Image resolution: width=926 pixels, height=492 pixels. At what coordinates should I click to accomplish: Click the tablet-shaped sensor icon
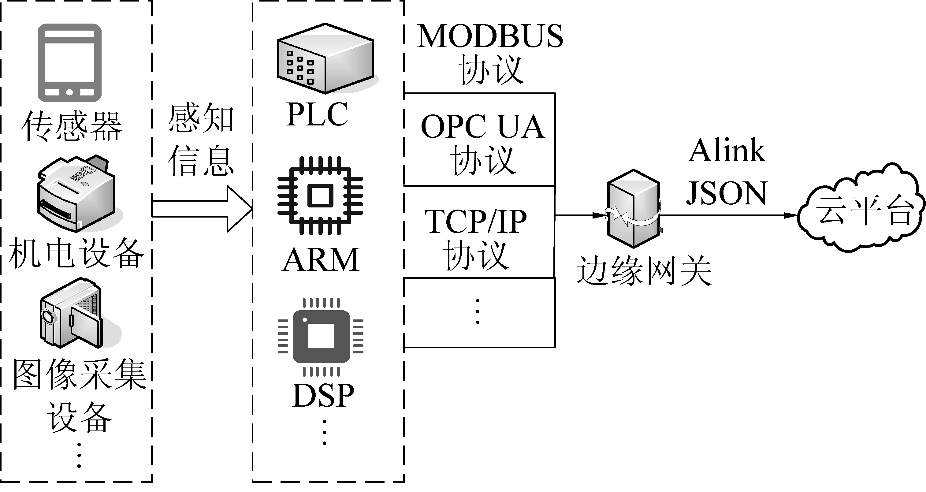click(69, 63)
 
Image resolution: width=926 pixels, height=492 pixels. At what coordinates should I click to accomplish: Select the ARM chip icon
click(320, 196)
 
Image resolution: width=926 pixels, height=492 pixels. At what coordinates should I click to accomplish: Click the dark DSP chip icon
click(321, 336)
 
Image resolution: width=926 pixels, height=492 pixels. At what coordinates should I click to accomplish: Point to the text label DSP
click(323, 396)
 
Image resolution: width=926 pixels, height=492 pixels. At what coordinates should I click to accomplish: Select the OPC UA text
click(482, 127)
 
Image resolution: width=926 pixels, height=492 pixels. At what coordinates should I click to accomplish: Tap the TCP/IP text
click(476, 222)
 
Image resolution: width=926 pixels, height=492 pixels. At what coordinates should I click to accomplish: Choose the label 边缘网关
click(644, 270)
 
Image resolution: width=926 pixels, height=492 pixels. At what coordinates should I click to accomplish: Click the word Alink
click(727, 150)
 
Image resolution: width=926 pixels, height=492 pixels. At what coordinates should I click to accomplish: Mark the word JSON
click(727, 193)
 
